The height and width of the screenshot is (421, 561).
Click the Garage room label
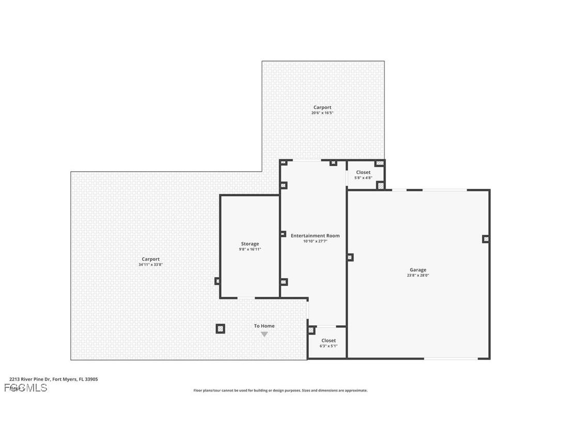(x=418, y=269)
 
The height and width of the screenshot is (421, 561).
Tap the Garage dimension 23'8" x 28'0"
(x=418, y=276)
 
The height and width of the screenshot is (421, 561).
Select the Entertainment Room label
(x=315, y=235)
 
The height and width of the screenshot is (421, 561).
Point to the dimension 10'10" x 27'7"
(x=315, y=241)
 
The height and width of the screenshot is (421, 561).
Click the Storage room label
(x=250, y=244)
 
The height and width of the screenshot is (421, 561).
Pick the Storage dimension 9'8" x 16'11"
(x=250, y=249)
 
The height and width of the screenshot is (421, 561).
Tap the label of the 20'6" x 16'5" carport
(x=322, y=108)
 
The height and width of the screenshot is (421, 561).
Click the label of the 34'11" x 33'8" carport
(x=151, y=259)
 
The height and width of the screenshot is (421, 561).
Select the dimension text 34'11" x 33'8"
(x=151, y=265)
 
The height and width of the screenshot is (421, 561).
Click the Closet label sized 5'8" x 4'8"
(x=363, y=172)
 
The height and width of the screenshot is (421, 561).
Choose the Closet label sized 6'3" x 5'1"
(x=329, y=340)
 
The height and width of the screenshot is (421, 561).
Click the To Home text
(x=264, y=326)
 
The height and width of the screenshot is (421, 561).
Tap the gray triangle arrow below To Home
(x=264, y=335)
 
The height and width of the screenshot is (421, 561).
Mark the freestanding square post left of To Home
(x=220, y=328)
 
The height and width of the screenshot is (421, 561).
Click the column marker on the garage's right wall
(x=486, y=239)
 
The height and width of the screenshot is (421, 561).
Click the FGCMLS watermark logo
(x=26, y=388)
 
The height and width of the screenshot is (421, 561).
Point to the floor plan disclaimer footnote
(x=280, y=390)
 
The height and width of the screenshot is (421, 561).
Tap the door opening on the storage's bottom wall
(x=246, y=298)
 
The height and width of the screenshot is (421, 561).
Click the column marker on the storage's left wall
(x=217, y=281)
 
